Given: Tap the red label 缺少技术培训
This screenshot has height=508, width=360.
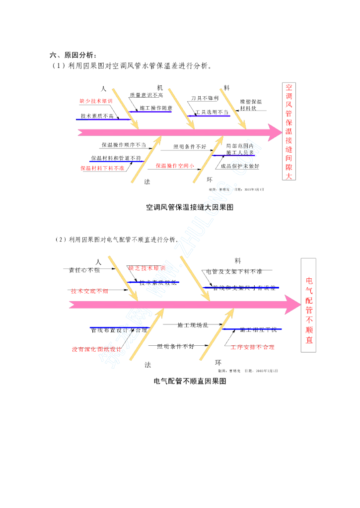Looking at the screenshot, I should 96,101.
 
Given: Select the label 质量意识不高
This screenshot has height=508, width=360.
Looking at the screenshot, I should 146,95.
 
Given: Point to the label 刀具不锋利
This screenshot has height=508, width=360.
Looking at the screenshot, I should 205,98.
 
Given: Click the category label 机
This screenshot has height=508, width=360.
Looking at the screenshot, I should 160,87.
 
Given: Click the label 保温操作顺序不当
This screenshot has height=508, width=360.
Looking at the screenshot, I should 124,145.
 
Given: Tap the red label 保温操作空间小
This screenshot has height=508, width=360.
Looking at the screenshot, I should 175,166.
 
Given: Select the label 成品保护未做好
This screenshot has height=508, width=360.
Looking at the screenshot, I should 240,166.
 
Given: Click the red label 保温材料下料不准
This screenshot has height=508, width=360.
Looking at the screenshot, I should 102,168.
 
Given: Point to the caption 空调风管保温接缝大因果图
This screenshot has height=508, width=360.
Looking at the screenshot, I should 190,207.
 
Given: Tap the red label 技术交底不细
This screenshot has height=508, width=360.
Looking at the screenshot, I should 89,291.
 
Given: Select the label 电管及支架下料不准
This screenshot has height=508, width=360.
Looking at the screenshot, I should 234,271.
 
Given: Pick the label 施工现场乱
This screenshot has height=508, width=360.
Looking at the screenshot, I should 193,325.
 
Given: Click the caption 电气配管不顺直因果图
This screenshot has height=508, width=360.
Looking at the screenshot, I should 190,381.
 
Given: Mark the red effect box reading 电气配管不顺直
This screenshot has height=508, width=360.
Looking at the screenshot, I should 309,305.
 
